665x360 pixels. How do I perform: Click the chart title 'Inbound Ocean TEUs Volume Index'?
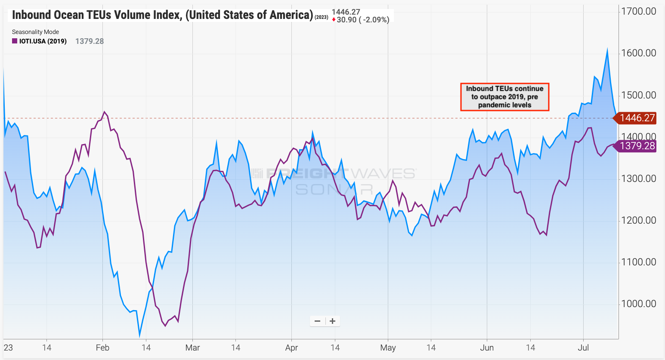[x=162, y=15]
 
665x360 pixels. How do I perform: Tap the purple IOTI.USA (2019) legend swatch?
[x=15, y=41]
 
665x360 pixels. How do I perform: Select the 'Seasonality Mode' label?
[x=35, y=32]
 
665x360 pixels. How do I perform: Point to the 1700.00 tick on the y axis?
[x=638, y=11]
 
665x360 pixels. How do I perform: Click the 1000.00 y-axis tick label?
[x=638, y=304]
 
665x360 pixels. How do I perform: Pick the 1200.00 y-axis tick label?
[x=638, y=220]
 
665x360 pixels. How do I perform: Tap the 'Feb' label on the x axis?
[x=102, y=348]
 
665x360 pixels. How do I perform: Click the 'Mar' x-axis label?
[x=192, y=348]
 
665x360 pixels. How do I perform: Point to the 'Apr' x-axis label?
[x=291, y=348]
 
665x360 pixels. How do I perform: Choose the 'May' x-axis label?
[x=388, y=348]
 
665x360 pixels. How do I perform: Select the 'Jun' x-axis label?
[x=487, y=348]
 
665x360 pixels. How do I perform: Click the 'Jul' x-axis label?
[x=583, y=348]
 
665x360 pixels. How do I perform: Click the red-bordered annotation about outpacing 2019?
[x=504, y=97]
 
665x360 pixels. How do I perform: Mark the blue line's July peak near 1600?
[x=607, y=50]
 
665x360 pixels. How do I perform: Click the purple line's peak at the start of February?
[x=105, y=112]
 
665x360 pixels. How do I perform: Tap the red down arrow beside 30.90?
[x=334, y=20]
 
